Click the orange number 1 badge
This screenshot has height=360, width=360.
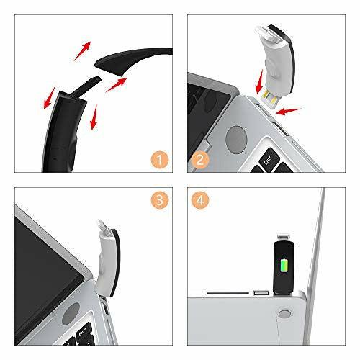pos(160,160)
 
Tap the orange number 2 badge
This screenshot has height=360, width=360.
pos(200,160)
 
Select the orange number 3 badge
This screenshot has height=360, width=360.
pos(160,200)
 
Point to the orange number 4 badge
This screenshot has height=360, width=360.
pos(200,200)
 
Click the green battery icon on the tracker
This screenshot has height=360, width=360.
pos(284,265)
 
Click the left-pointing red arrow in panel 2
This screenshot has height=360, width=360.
pos(288,112)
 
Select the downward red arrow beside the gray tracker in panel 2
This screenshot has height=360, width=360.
pos(259,81)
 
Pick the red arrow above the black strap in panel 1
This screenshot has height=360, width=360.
pos(82,51)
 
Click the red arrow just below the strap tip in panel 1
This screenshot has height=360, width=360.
pos(117,85)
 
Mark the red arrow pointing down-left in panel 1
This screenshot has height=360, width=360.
pos(50,98)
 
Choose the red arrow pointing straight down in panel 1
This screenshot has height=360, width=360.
pos(94,117)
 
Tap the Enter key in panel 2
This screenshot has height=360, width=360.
pos(269,159)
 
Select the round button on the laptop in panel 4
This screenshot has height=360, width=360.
pos(284,314)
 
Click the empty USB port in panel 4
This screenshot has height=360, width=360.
pos(261,293)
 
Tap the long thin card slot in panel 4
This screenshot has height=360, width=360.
pos(228,293)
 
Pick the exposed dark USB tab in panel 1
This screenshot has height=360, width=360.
pos(86,86)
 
